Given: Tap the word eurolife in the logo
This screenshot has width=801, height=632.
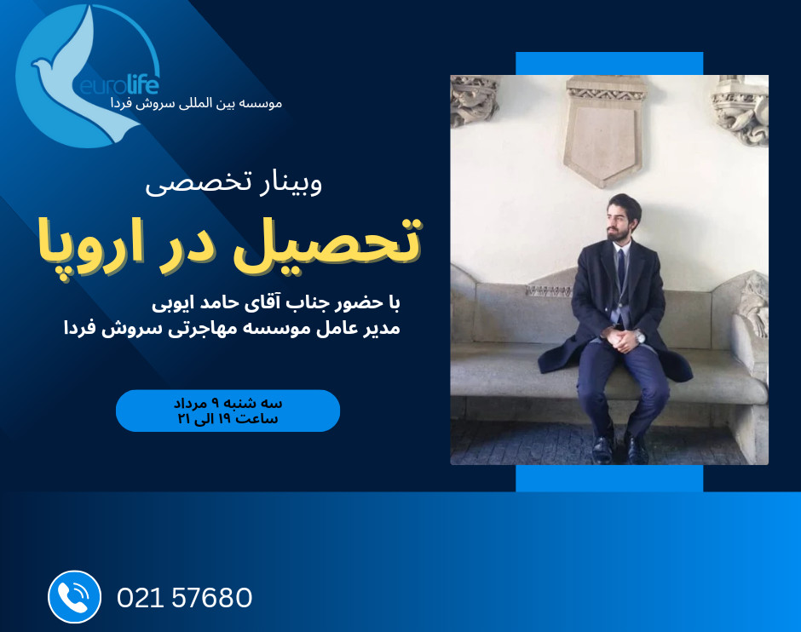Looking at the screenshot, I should [120, 86].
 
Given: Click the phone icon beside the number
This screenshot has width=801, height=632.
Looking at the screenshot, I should [74, 596].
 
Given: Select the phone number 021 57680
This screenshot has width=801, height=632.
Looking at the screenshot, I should [184, 597].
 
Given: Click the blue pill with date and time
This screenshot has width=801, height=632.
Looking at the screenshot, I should [228, 411].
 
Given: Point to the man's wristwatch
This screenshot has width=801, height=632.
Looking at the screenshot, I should [640, 336].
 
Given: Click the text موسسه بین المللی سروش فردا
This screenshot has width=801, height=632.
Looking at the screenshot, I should [197, 103].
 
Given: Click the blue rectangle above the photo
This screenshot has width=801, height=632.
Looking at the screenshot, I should [609, 63].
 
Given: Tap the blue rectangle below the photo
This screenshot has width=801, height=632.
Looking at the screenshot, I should [609, 478].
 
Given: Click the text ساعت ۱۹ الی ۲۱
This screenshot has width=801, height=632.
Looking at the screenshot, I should [228, 419].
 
